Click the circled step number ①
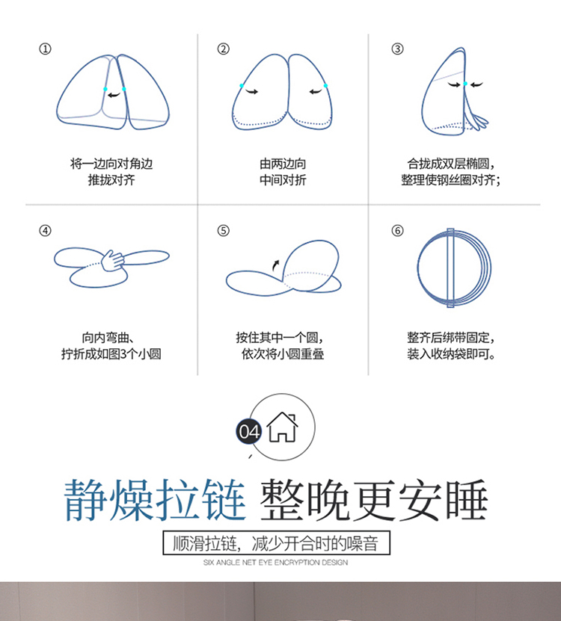(x=45, y=49)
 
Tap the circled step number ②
(x=223, y=49)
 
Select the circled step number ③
(x=397, y=49)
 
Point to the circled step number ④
(x=45, y=230)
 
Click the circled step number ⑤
(x=223, y=230)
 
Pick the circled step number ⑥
(x=397, y=230)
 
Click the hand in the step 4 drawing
(x=113, y=261)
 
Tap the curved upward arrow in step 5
(x=275, y=265)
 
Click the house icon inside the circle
(x=282, y=427)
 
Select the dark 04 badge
(x=249, y=431)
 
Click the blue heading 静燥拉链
(x=155, y=500)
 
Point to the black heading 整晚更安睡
(x=374, y=500)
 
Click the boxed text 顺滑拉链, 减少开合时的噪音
(x=276, y=543)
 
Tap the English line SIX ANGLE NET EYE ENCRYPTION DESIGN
(x=275, y=563)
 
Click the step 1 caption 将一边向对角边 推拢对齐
(x=111, y=172)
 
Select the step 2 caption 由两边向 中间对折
(x=283, y=172)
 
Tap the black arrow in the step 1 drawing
(x=114, y=95)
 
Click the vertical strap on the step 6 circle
(x=450, y=268)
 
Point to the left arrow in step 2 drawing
(x=252, y=92)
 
